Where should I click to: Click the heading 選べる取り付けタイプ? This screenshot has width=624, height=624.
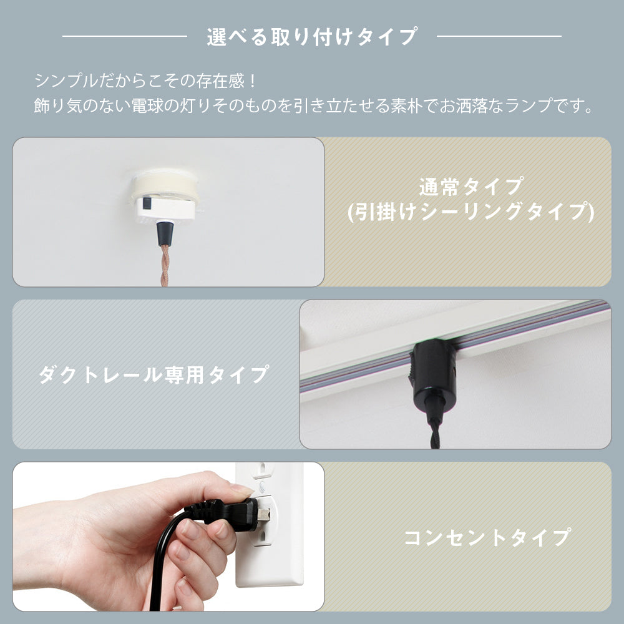point(312,37)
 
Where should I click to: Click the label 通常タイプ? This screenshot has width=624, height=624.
point(471,187)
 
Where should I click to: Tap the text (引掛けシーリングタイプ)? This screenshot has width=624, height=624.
point(471,212)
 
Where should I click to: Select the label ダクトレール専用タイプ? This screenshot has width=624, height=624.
point(154,375)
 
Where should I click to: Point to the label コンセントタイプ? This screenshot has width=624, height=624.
point(487,537)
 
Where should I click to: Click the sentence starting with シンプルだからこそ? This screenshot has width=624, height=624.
point(146,81)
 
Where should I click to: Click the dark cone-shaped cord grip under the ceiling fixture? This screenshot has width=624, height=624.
point(165,233)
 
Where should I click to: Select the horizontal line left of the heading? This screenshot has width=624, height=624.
point(125,36)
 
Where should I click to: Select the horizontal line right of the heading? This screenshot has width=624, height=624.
point(499,36)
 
